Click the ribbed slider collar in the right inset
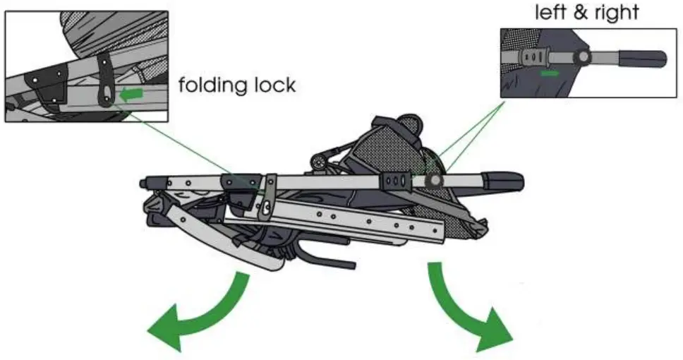(x=535, y=56)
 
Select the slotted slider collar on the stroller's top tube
(x=397, y=180)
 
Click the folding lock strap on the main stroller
(x=268, y=198)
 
